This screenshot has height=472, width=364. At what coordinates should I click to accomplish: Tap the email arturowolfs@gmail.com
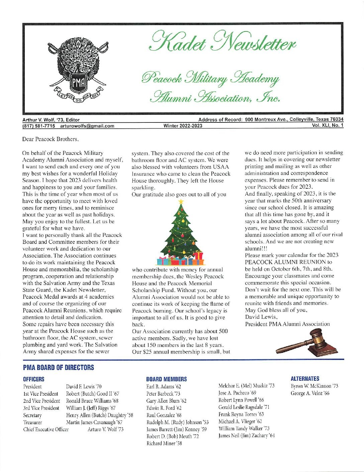[87, 126]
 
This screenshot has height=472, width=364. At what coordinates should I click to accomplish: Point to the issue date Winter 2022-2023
[183, 126]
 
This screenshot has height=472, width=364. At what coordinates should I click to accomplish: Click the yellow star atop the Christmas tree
[181, 202]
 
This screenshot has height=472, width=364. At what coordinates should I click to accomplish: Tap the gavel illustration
[307, 342]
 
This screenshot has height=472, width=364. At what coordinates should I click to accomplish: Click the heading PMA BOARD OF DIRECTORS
[59, 368]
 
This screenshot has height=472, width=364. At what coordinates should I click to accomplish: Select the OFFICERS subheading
[33, 379]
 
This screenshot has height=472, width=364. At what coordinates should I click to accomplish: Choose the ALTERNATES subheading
[305, 379]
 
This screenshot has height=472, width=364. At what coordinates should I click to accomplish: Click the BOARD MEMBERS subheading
[166, 379]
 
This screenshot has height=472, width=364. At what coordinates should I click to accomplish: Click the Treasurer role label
[33, 422]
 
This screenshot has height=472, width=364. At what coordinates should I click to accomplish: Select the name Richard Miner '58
[164, 444]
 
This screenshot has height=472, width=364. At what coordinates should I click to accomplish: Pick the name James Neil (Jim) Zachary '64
[246, 436]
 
